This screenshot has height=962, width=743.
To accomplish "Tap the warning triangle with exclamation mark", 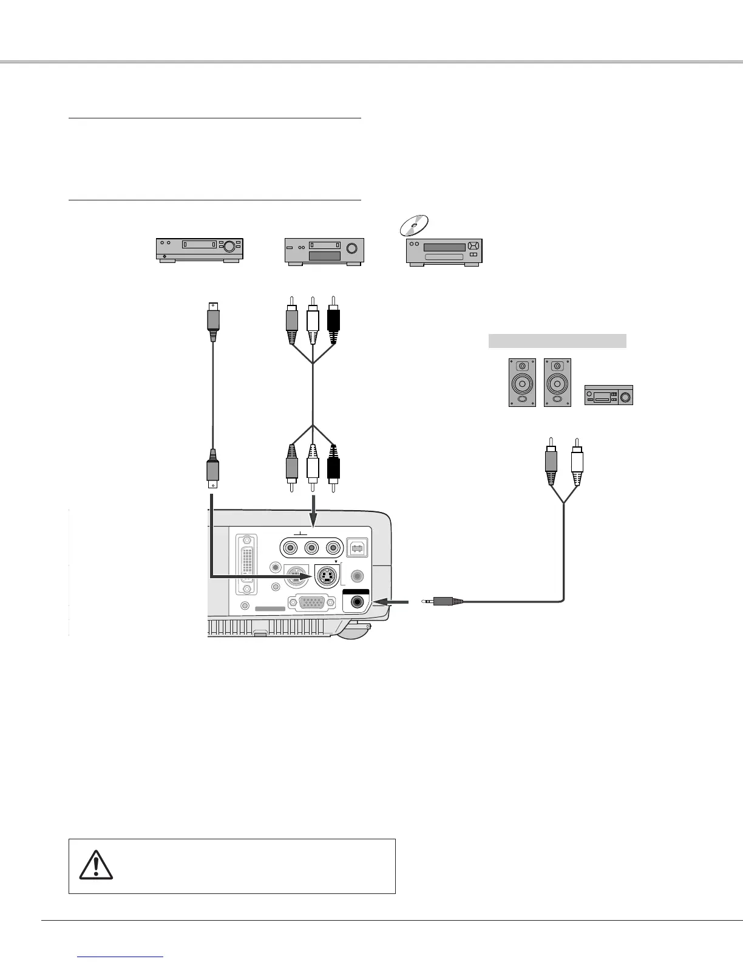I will [96, 865].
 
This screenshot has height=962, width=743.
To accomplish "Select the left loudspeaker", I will [522, 383].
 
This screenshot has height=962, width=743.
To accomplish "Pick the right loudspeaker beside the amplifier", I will [558, 383].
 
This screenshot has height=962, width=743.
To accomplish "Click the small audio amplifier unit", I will [608, 395].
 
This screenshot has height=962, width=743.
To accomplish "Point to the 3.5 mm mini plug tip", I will [429, 601].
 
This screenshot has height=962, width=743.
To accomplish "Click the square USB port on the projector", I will [356, 548].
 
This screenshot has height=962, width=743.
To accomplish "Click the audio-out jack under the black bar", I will [356, 602].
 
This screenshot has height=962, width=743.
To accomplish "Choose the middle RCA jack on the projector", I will [311, 548].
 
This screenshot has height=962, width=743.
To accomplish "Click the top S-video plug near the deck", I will [212, 322].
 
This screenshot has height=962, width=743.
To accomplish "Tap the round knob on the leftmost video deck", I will [229, 247].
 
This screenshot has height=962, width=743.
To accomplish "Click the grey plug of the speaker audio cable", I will [551, 462].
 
